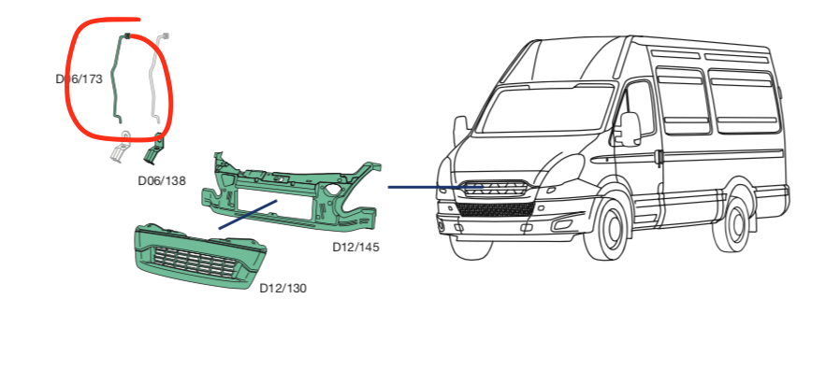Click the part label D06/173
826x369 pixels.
[79, 79]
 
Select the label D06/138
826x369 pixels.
[160, 180]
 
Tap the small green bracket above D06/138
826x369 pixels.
[153, 149]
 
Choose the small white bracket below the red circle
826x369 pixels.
[119, 149]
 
